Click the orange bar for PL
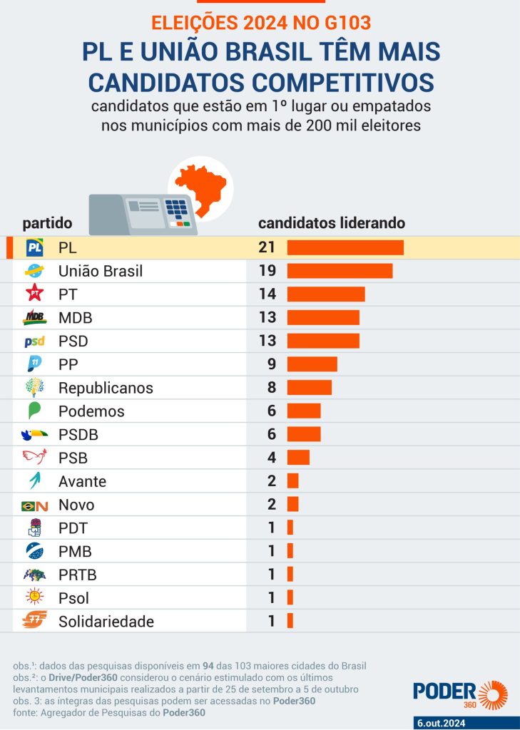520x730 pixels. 345,248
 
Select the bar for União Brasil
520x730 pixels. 340,271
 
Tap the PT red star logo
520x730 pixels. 34,294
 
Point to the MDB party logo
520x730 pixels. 34,317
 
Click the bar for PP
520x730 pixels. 312,364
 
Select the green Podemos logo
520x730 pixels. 34,411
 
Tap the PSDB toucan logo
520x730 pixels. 34,434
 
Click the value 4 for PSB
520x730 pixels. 271,458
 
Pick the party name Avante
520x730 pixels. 82,481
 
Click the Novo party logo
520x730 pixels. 34,505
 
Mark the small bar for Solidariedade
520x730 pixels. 290,621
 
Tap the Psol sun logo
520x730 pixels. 34,597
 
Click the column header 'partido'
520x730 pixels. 47,223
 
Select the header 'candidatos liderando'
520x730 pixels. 332,223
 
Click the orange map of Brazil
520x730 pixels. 202,187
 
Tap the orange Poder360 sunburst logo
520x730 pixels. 493,695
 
